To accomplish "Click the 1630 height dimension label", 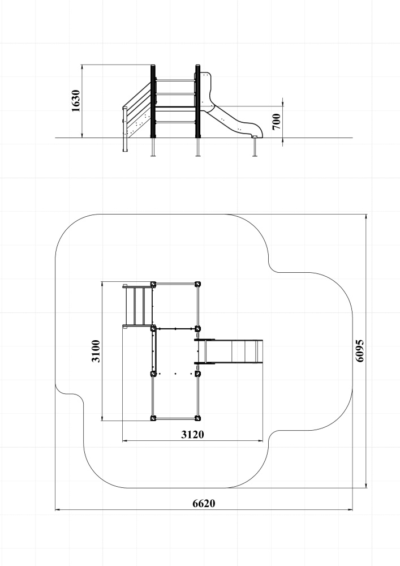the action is (76, 101).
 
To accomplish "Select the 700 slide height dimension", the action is (276, 122).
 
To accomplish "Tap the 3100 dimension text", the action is (96, 351).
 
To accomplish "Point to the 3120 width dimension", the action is (192, 434).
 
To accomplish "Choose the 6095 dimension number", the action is (360, 350).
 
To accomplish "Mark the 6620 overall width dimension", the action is (204, 503).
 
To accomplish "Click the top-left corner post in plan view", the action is (153, 284).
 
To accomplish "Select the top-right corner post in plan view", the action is (197, 284).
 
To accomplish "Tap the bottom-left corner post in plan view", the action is (153, 418).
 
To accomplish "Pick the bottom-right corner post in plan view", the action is (197, 418).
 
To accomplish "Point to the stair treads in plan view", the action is (137, 306).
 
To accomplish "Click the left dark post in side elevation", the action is (153, 101).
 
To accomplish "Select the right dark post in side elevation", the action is (197, 101).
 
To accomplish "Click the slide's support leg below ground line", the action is (255, 147).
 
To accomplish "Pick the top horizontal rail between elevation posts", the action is (175, 80).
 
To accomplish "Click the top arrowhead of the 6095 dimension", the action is (367, 217).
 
